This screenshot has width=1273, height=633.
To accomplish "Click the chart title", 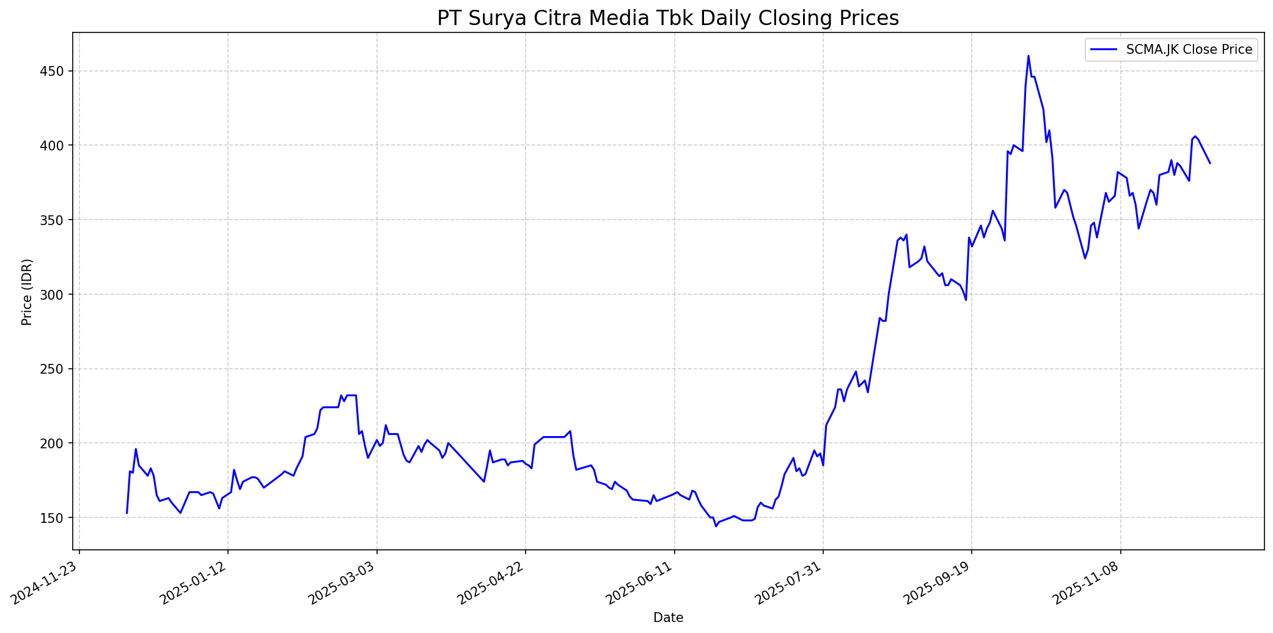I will point(668,18).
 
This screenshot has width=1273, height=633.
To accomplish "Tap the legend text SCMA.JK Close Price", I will point(1189,50).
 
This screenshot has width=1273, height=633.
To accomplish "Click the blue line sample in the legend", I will point(1103,50).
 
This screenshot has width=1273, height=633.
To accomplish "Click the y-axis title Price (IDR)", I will point(27,292).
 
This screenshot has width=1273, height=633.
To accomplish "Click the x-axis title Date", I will point(668,618).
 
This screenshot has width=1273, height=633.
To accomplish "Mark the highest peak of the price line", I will point(1028,56).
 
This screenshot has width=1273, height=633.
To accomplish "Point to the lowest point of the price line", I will point(716,526).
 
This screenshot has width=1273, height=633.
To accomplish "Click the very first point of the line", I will point(127,513).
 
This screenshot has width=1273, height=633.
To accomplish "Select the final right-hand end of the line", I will point(1209,163).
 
